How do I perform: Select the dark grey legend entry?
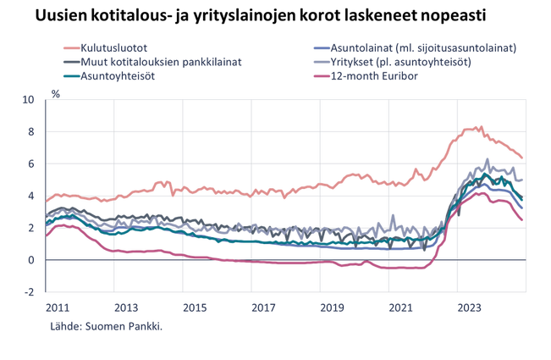pyautogui.click(x=152, y=61)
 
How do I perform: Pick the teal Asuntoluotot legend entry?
pyautogui.click(x=118, y=75)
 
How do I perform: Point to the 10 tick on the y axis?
pyautogui.click(x=28, y=98)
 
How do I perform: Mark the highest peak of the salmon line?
pyautogui.click(x=480, y=125)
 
